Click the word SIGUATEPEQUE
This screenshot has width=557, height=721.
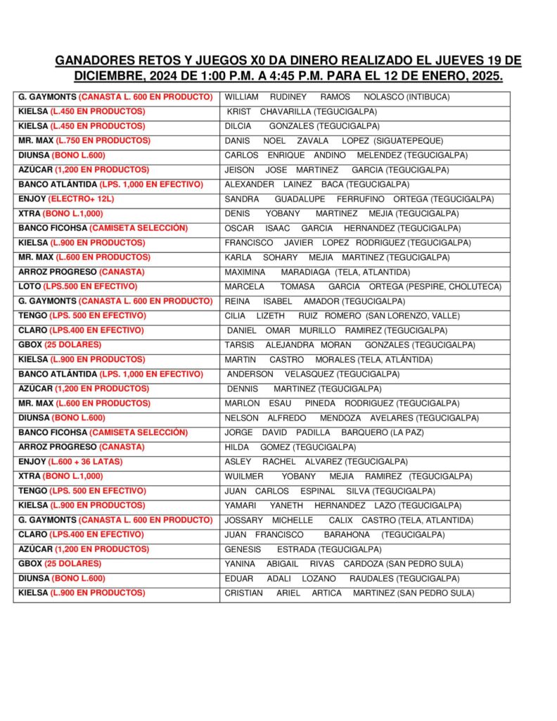(x=414, y=141)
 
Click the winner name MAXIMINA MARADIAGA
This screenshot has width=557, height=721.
(x=277, y=272)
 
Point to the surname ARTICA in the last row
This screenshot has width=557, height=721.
(x=326, y=593)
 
